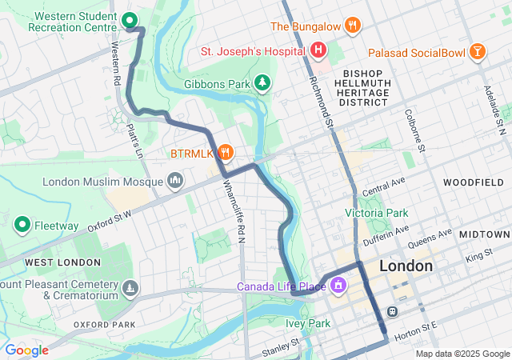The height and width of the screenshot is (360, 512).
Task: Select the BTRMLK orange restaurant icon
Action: (x=226, y=151)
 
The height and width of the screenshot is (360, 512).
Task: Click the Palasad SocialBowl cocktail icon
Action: (x=478, y=52)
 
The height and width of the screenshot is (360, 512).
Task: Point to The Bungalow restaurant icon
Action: (x=352, y=26)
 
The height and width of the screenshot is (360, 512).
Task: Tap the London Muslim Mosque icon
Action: (x=175, y=181)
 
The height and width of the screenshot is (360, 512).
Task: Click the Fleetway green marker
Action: (x=22, y=225)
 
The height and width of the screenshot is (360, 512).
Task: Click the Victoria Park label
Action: (x=376, y=213)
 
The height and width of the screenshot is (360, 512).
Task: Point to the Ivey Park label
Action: (x=308, y=323)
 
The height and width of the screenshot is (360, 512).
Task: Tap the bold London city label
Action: (x=406, y=266)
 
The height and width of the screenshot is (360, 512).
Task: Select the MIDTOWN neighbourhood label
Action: (x=485, y=234)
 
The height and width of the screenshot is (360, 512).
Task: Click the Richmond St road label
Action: (x=322, y=98)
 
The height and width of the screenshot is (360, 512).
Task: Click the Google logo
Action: (x=26, y=350)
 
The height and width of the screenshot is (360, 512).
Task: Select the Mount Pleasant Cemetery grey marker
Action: (x=131, y=287)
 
